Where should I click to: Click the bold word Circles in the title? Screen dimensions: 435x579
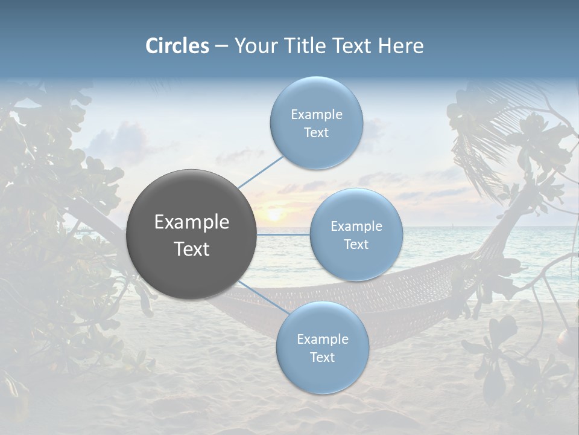pos(177,46)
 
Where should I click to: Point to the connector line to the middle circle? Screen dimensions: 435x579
pos(283,234)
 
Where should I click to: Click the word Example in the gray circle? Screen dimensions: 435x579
pos(192,222)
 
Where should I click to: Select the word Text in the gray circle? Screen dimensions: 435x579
pos(192,249)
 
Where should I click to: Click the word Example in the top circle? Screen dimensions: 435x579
pos(317,115)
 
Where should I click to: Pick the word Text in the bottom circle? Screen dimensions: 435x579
pos(322,357)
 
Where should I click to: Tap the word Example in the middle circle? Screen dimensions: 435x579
pos(356,227)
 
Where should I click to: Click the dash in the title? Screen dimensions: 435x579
pos(221,47)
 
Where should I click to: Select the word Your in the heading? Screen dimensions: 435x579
pos(253,46)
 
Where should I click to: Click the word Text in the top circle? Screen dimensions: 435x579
pos(317,133)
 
